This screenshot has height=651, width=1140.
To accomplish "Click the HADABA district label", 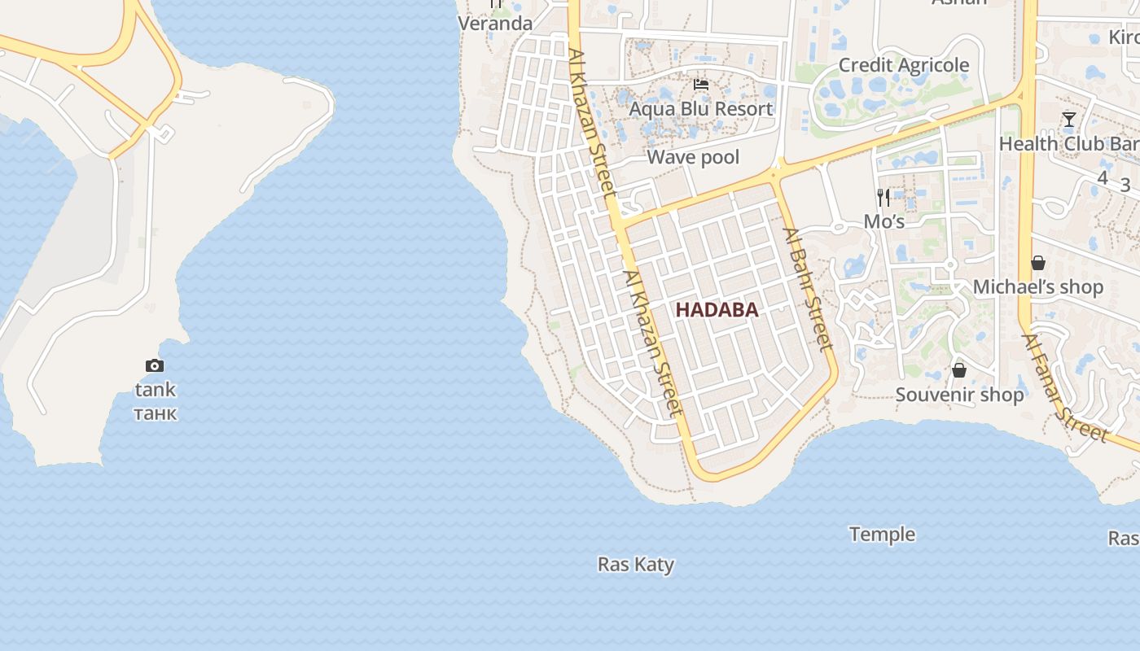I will (x=717, y=309).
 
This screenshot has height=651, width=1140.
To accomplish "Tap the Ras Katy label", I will (x=635, y=564).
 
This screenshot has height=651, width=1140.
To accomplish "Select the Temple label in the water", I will (x=882, y=535).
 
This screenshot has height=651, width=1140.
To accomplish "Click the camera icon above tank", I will (x=155, y=366).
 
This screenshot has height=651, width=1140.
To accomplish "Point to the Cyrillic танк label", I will (x=155, y=413).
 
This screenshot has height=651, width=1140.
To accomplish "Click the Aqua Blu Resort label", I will (x=700, y=109).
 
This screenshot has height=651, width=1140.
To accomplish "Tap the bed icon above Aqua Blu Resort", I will (x=700, y=85).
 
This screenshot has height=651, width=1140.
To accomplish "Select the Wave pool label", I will (x=693, y=157).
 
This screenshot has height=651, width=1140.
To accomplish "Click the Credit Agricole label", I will (x=903, y=65).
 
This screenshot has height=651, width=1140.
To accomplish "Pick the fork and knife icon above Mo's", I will (x=883, y=198).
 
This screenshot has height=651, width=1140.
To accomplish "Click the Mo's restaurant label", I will (x=883, y=221).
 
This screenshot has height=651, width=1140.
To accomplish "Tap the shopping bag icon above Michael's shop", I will (x=1038, y=263).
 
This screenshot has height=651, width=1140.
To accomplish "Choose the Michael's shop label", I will (x=1038, y=287).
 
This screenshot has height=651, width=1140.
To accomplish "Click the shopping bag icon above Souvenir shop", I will (x=959, y=370).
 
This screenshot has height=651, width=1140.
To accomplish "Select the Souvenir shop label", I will (x=959, y=395).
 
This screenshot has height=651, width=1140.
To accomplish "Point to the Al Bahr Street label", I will (x=808, y=289).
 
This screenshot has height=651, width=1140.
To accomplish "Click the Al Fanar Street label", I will (x=1065, y=388).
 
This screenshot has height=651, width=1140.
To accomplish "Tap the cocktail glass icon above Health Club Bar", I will (x=1069, y=120).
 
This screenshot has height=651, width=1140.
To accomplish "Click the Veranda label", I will (x=495, y=24).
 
